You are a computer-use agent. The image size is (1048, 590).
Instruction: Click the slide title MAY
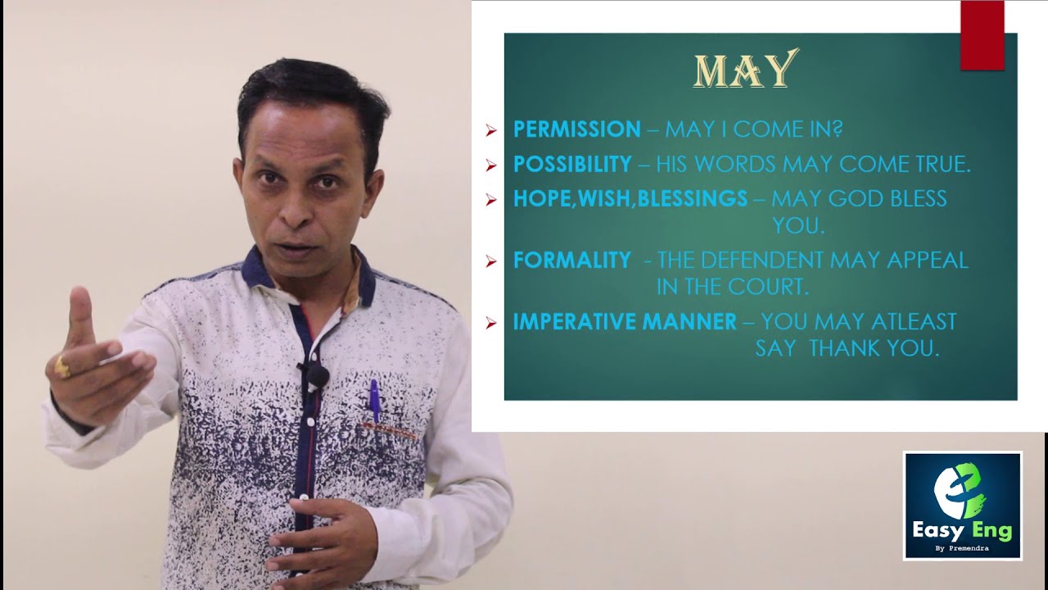click(x=745, y=70)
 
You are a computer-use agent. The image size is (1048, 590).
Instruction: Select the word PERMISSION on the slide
click(x=576, y=129)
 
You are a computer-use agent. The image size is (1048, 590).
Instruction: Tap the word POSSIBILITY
click(x=572, y=164)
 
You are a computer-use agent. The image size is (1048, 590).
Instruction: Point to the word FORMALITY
click(x=571, y=261)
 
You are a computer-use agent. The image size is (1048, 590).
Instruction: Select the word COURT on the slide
click(x=776, y=287)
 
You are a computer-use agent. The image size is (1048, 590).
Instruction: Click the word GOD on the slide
click(x=860, y=198)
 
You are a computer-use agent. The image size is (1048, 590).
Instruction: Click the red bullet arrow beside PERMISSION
click(x=491, y=130)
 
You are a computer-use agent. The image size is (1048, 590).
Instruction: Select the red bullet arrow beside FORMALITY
click(x=491, y=261)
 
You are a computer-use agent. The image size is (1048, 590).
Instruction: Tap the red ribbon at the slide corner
click(x=982, y=35)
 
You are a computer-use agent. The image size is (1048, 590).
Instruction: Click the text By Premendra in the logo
click(x=962, y=549)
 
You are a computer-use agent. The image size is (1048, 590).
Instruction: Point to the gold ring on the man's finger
click(x=62, y=366)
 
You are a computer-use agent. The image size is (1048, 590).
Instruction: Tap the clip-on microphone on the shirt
click(x=318, y=375)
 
